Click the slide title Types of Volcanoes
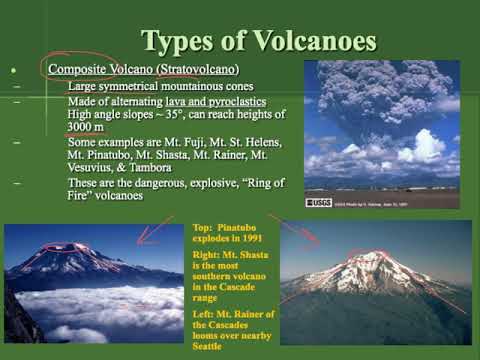pos(259,41)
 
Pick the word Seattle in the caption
pos(214,328)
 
